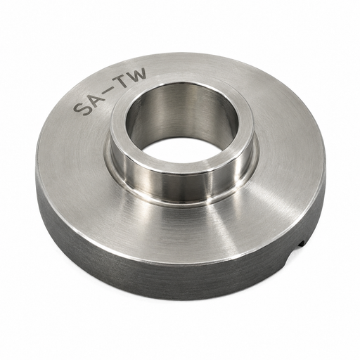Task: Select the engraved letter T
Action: pos(122,80)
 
